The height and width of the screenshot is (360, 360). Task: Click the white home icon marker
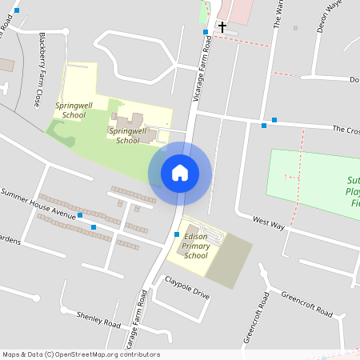(180, 173)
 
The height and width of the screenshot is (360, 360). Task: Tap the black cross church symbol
(222, 27)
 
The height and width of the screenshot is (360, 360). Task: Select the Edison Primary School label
(196, 246)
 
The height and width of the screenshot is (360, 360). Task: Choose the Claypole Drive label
(187, 288)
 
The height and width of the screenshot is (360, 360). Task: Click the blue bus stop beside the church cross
(206, 32)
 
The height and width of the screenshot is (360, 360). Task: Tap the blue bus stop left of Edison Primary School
(176, 234)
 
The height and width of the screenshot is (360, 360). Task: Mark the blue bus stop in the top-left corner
(17, 10)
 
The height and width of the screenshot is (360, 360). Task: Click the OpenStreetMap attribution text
(81, 354)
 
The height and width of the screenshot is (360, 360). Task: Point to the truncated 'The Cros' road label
(345, 129)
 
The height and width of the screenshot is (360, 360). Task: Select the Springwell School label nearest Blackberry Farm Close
(73, 110)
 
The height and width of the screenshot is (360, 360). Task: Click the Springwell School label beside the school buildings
(128, 135)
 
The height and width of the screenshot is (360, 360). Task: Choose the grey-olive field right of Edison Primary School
(231, 261)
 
